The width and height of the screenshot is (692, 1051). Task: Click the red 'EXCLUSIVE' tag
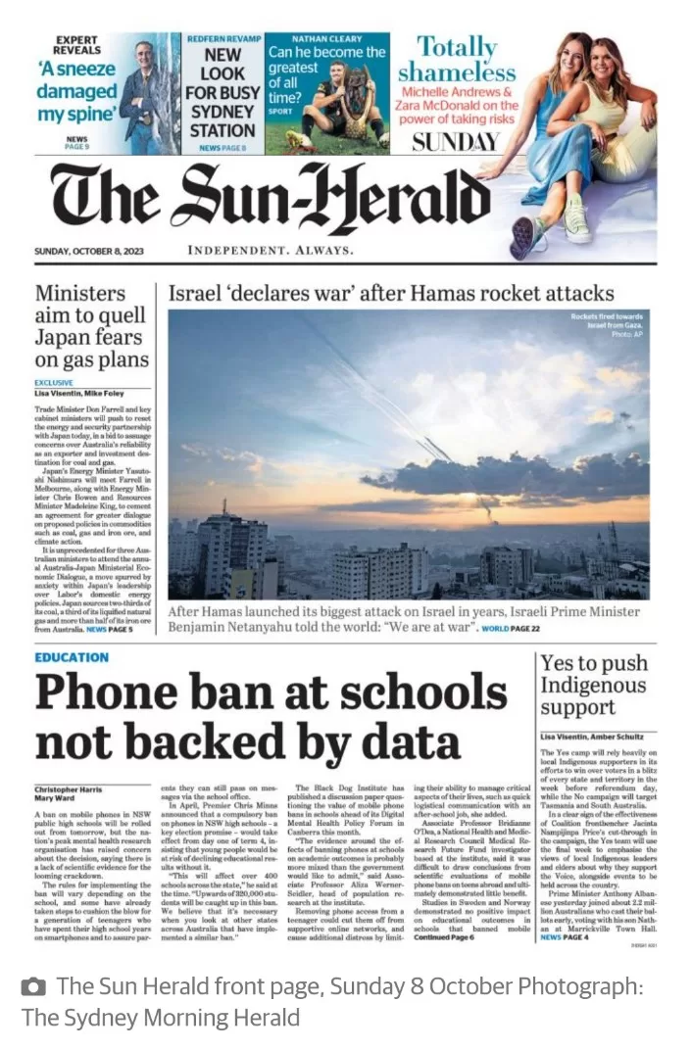pyautogui.click(x=54, y=383)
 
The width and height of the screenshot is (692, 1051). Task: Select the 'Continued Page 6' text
pyautogui.click(x=444, y=936)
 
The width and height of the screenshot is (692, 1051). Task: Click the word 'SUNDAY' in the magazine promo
pyautogui.click(x=456, y=142)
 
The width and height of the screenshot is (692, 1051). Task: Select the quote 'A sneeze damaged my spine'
pyautogui.click(x=76, y=91)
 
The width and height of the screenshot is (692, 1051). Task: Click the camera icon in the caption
pyautogui.click(x=33, y=986)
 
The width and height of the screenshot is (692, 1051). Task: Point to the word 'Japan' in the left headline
pyautogui.click(x=63, y=338)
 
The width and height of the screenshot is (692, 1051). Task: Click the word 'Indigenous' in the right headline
pyautogui.click(x=593, y=685)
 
